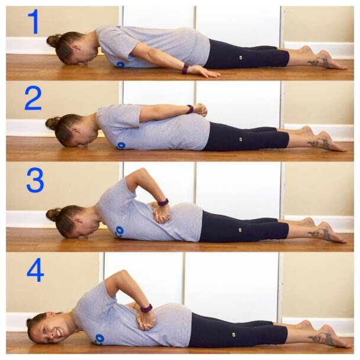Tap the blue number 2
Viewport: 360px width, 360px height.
click(x=33, y=98)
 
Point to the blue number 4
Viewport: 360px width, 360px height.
click(x=35, y=269)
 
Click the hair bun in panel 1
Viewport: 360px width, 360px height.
click(x=53, y=40)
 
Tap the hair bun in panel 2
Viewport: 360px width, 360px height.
click(x=52, y=123)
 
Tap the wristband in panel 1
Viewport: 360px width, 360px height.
click(x=185, y=69)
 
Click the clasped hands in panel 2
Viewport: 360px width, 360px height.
click(x=200, y=110)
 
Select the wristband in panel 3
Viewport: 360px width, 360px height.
click(x=163, y=202)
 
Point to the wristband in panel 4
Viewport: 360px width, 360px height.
click(x=146, y=308)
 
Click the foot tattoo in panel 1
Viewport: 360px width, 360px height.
click(x=319, y=62)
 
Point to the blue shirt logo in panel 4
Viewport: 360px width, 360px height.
click(x=99, y=339)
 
